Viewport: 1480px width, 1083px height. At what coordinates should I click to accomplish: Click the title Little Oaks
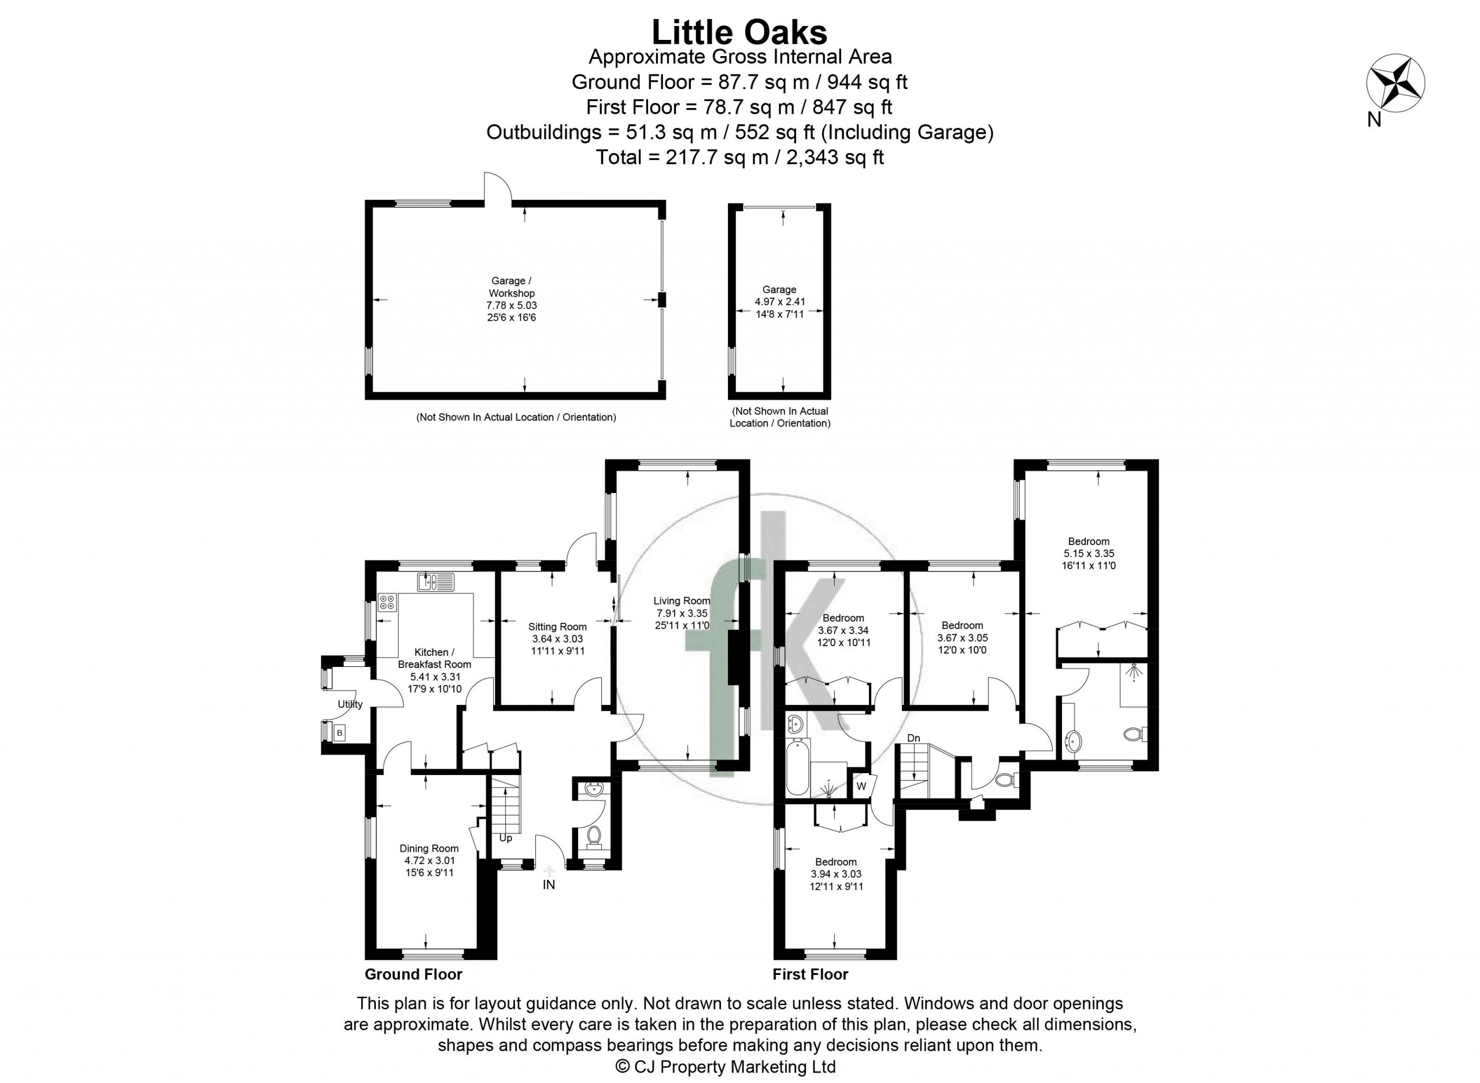(x=739, y=31)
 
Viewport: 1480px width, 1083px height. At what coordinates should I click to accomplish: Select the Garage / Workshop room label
(x=512, y=287)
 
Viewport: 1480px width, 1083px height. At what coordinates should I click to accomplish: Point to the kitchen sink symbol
(x=435, y=581)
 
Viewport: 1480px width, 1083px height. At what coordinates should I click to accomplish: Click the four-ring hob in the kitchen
(x=387, y=602)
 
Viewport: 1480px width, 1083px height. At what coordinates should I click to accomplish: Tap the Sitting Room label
(x=557, y=626)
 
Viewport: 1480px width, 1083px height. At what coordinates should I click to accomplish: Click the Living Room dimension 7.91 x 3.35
(x=682, y=613)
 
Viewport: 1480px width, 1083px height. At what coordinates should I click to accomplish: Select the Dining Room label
(x=429, y=848)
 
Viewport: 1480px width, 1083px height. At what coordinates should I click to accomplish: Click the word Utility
(x=350, y=704)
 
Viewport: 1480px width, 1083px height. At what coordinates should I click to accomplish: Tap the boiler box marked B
(x=340, y=733)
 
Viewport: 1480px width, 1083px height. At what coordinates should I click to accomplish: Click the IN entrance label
(x=549, y=884)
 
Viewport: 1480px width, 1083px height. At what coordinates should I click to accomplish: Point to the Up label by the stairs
(x=506, y=838)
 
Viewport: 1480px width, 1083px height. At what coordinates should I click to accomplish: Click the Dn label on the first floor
(x=914, y=738)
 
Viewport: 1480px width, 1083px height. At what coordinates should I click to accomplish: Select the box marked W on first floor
(x=861, y=785)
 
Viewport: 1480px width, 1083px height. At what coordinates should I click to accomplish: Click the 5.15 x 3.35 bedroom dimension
(x=1089, y=553)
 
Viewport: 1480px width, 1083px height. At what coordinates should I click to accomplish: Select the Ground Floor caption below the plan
(x=414, y=992)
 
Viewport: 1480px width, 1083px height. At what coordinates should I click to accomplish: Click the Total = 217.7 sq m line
(x=739, y=157)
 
